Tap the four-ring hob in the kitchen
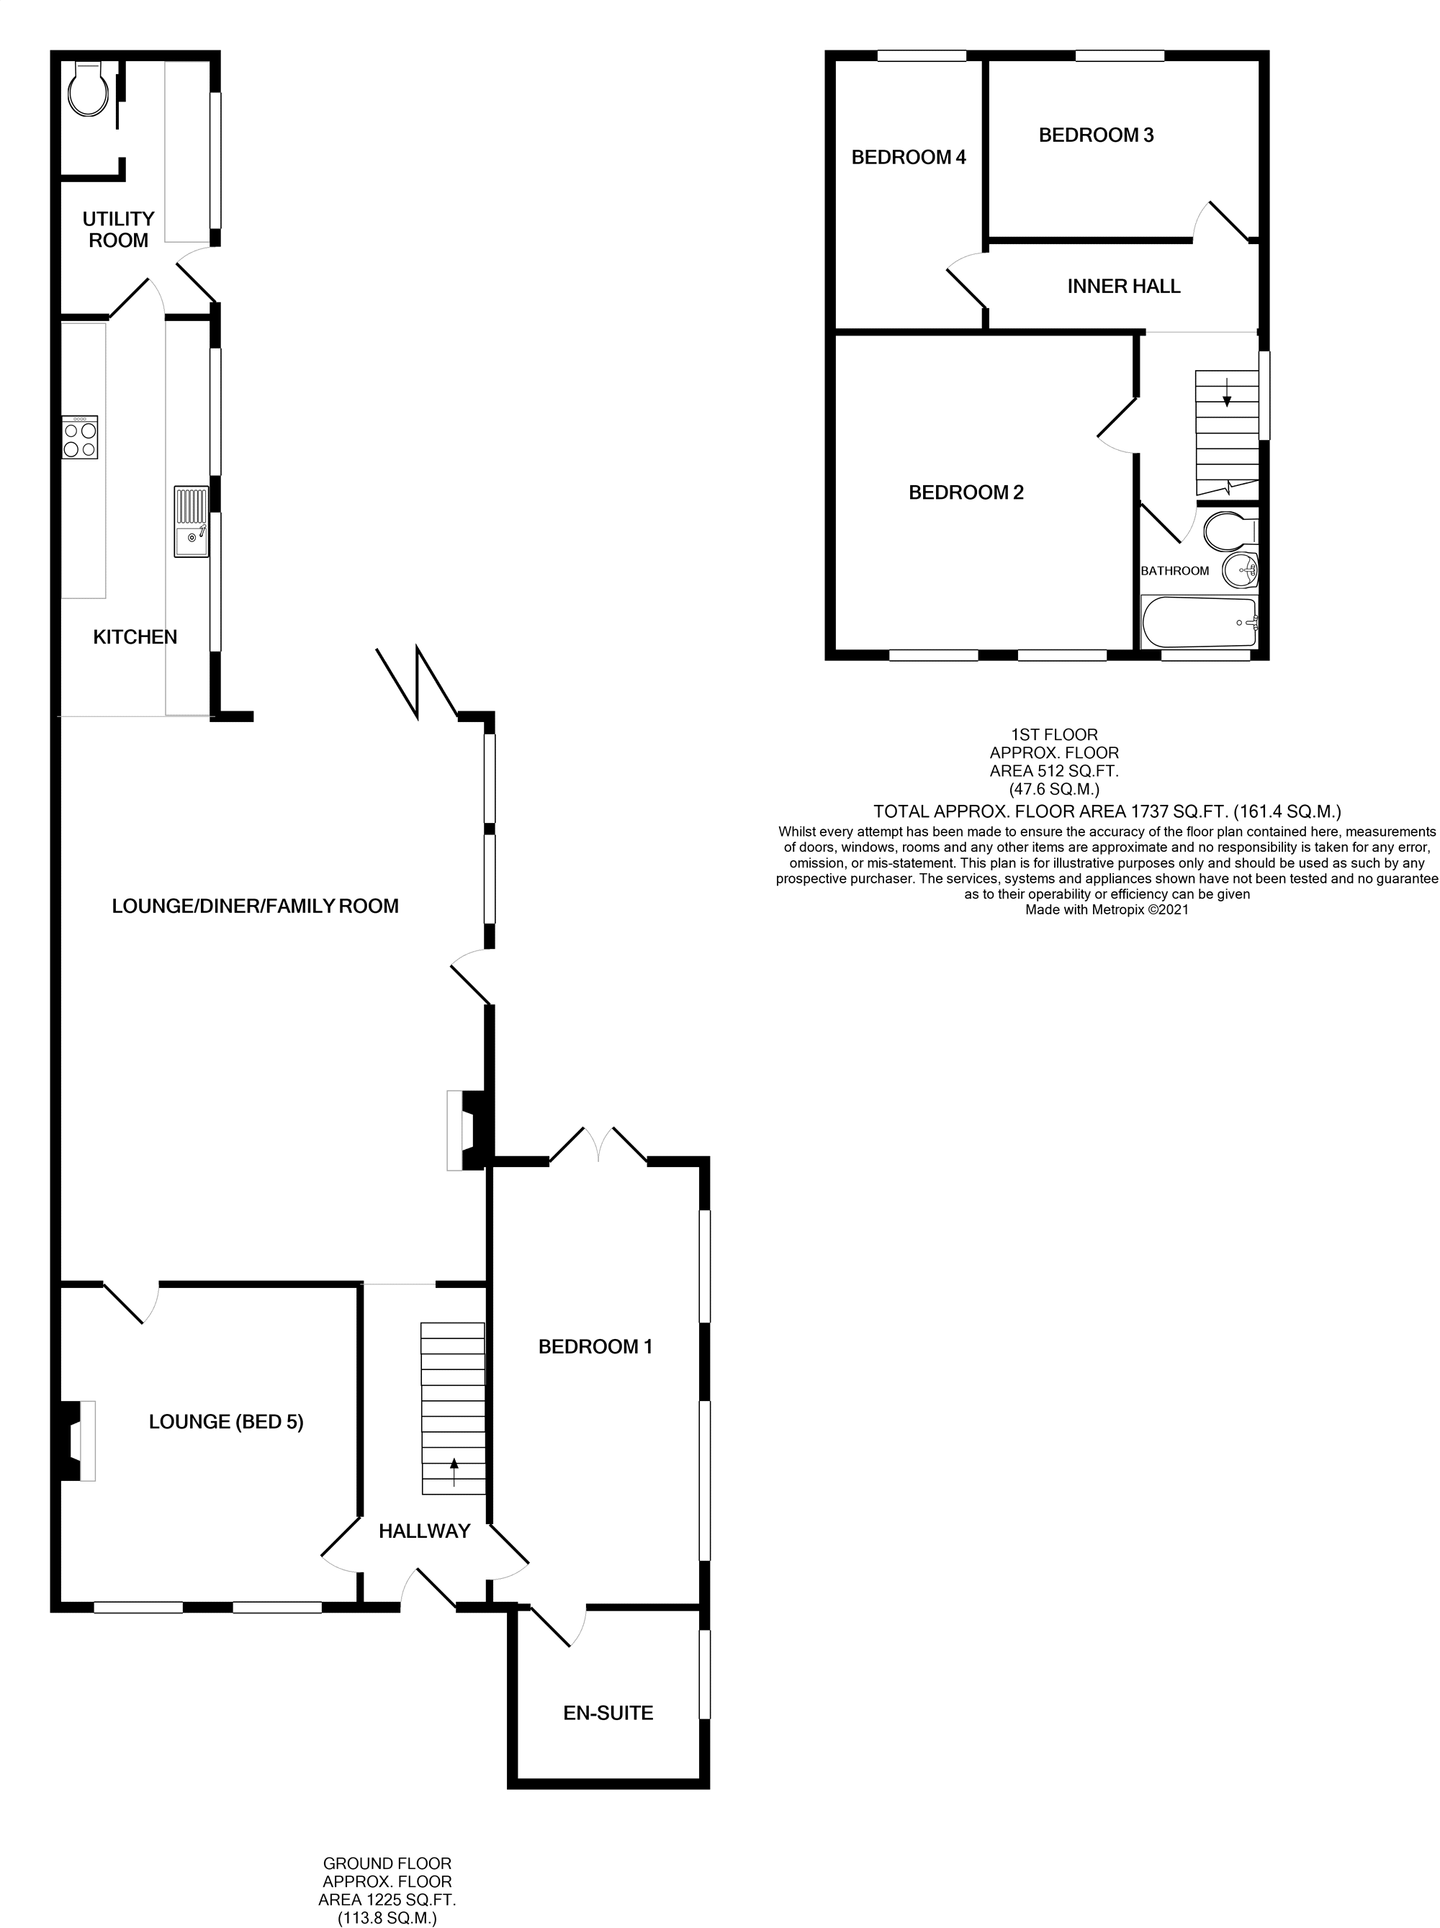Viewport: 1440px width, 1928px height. coord(79,438)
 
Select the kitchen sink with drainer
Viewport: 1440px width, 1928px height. coord(191,521)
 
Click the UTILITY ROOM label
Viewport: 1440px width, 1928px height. coord(119,229)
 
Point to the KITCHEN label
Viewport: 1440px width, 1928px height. coord(135,637)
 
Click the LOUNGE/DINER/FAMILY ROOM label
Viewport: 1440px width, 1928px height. coord(256,906)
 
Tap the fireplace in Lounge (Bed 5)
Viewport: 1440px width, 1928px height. coord(78,1440)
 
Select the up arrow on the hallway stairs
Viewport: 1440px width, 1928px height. coord(454,1472)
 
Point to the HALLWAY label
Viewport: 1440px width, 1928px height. coord(425,1531)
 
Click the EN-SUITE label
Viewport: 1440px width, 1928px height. coord(608,1713)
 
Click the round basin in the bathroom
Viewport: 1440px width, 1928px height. coord(1241,571)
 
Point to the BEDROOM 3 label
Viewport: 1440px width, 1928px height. coord(1096,135)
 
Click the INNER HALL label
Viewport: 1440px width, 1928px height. coord(1124,286)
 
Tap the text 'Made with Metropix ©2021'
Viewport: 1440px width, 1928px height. coord(1106,910)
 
